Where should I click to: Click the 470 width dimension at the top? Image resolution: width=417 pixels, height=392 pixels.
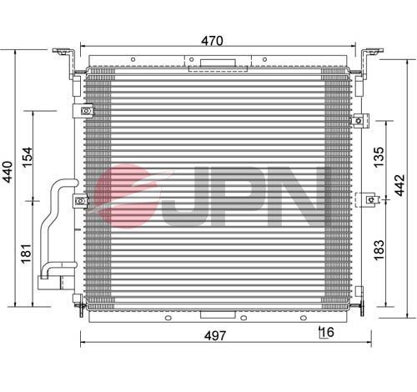click(x=212, y=41)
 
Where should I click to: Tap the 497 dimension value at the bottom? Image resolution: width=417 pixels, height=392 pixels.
click(x=215, y=336)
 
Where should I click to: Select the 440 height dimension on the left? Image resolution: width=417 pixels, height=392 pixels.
click(x=8, y=172)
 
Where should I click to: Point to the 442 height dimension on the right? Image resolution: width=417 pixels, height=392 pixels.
click(x=399, y=185)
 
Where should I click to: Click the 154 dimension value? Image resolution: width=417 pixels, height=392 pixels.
click(x=28, y=157)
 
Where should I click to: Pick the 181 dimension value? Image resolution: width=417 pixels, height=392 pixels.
click(x=27, y=254)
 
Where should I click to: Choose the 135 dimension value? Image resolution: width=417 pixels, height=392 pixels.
click(x=379, y=157)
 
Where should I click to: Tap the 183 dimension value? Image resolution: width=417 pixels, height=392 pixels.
click(x=379, y=250)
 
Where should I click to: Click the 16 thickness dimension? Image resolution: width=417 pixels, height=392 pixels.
click(x=327, y=332)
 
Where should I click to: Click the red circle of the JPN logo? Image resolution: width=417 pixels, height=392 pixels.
click(x=125, y=196)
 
